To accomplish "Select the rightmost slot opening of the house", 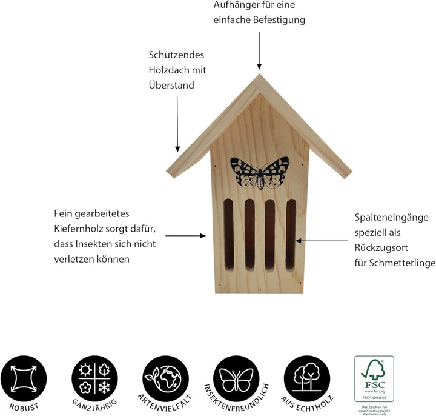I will [x=291, y=234].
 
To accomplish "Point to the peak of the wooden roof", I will [x=259, y=77].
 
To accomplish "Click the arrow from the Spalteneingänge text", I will [x=322, y=240].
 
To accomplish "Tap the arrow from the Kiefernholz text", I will [x=185, y=235].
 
